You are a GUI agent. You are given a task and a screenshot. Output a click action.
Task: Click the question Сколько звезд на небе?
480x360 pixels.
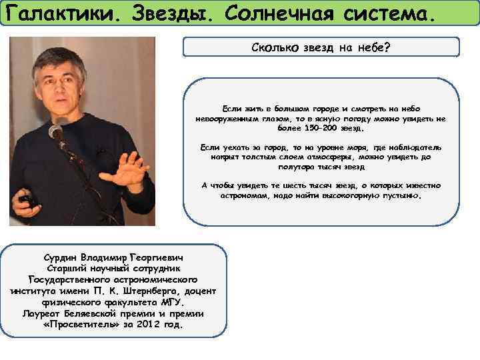321,47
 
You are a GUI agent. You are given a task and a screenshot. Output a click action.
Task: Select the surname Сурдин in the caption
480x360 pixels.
59,257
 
